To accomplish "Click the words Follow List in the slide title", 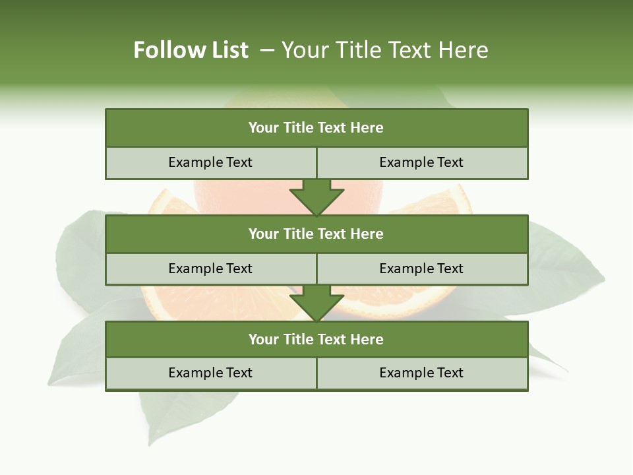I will [x=191, y=50].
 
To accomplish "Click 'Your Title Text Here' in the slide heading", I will [x=384, y=50].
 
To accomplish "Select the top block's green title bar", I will [x=316, y=128].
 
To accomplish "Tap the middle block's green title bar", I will [x=316, y=234].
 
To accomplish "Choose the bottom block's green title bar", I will [x=316, y=339].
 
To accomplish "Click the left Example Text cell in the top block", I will [x=210, y=162].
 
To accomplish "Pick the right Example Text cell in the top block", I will [x=421, y=162].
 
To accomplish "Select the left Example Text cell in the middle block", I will [x=210, y=269].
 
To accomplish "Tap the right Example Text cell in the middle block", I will [x=421, y=269].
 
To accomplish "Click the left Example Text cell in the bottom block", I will [x=210, y=373].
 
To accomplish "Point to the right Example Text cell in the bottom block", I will [x=421, y=373].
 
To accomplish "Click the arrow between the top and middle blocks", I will [x=316, y=198].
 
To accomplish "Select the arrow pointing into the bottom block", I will [x=316, y=303].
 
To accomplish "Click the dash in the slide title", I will [x=267, y=50].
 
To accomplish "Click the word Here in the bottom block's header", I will [x=367, y=339].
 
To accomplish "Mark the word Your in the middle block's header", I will [x=264, y=234].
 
